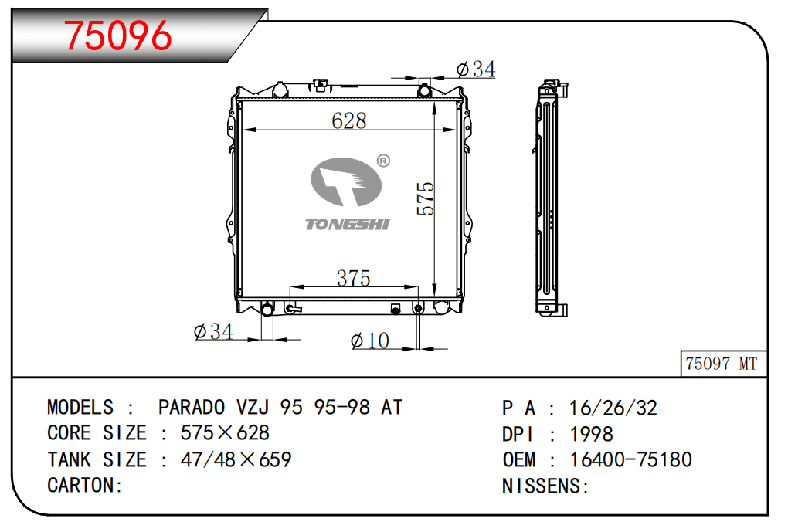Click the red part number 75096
[117, 36]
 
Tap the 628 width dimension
[348, 120]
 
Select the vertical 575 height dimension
[425, 198]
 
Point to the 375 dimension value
[353, 278]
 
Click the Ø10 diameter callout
[370, 341]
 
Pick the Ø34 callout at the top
[475, 69]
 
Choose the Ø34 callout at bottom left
[213, 331]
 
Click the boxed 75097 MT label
[722, 363]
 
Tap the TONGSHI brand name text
[348, 224]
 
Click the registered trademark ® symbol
[383, 161]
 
